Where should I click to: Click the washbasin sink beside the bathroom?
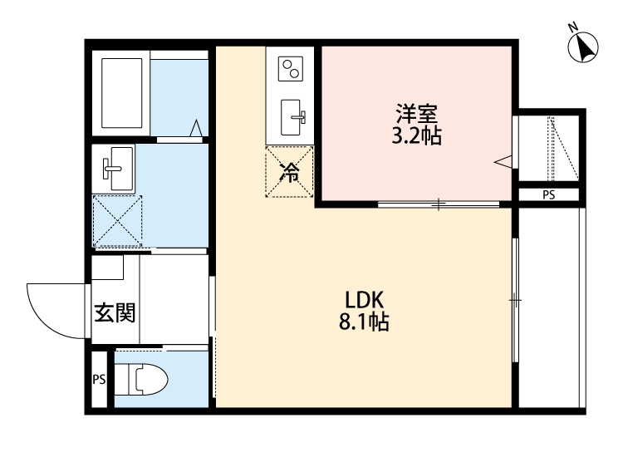[x=115, y=168]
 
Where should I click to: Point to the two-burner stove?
[x=291, y=68]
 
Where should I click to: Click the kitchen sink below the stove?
[x=292, y=116]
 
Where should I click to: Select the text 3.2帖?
[x=415, y=136]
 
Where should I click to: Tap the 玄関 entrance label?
[x=114, y=313]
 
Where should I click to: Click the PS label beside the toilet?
[x=100, y=381]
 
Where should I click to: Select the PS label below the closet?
[x=548, y=195]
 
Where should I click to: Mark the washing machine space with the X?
[x=117, y=222]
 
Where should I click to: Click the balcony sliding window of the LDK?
[x=515, y=299]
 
